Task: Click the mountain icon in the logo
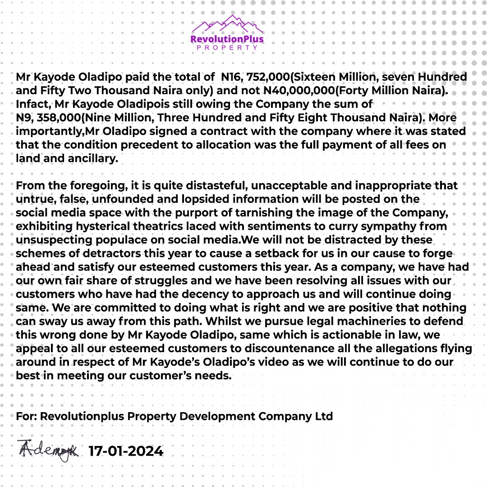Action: [228, 26]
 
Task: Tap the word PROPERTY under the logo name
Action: [228, 47]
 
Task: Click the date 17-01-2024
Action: [126, 450]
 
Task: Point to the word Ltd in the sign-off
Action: [323, 416]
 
